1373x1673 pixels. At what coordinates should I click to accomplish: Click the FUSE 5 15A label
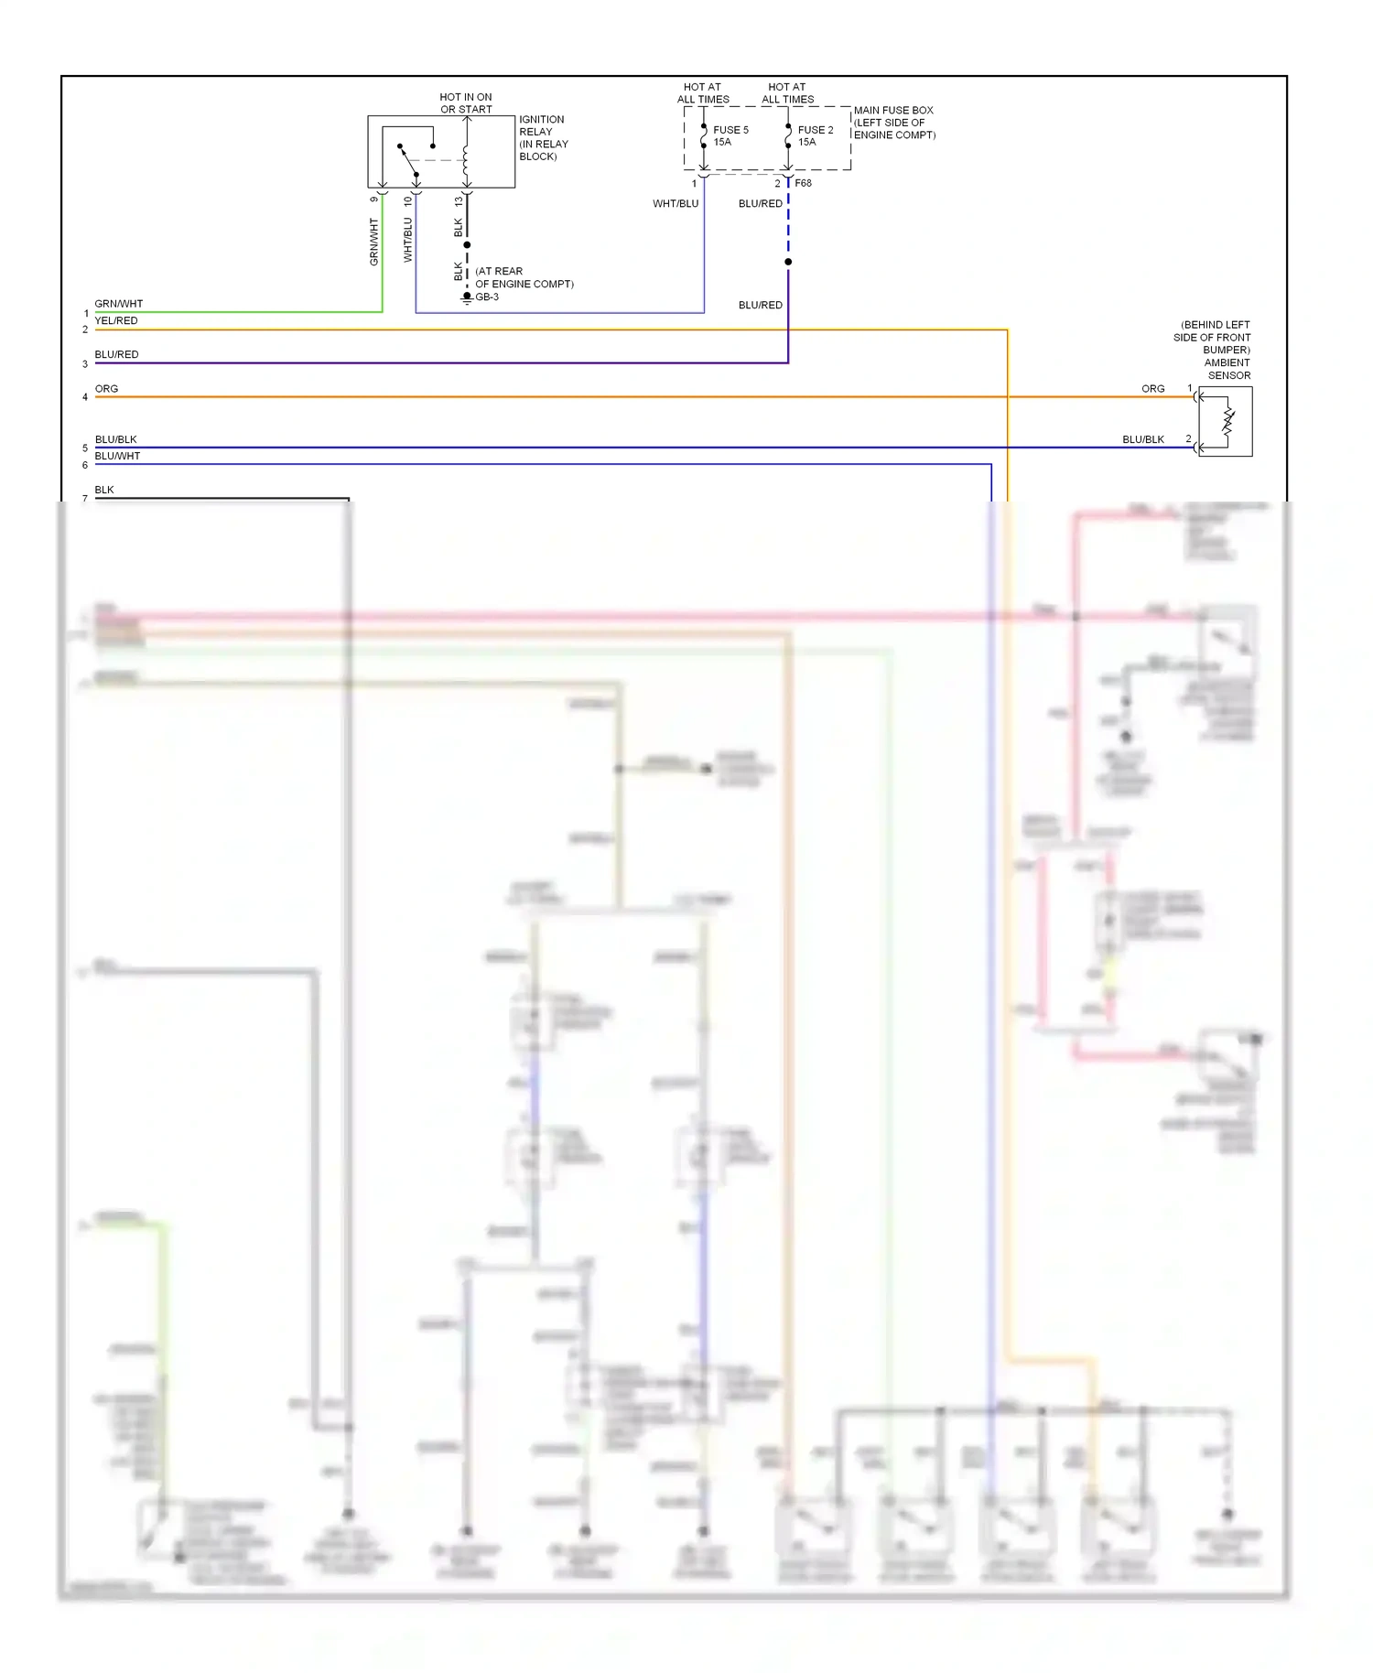[730, 135]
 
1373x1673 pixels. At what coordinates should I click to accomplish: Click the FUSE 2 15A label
[815, 135]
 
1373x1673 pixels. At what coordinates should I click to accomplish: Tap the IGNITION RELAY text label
[542, 137]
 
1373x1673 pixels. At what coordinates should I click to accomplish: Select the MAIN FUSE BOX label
[893, 122]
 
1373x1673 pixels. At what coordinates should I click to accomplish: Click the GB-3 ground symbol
[467, 297]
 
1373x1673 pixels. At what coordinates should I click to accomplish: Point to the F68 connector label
[803, 183]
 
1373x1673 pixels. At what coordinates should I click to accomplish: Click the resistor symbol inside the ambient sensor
[1228, 422]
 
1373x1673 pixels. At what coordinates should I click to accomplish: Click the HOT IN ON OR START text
[465, 103]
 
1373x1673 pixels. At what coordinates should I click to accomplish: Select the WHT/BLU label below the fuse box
[675, 203]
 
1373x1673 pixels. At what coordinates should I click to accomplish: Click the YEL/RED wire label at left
[116, 320]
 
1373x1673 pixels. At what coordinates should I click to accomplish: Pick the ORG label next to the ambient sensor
[1152, 389]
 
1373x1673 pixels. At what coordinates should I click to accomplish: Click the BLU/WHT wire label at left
[117, 456]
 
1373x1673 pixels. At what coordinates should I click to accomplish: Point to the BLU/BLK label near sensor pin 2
[1142, 439]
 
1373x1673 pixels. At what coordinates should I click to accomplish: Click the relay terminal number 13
[459, 200]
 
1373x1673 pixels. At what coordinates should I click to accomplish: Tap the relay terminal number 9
[373, 200]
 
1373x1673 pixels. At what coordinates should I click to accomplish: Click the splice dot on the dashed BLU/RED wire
[788, 262]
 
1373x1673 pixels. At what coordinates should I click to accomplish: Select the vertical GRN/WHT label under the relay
[373, 242]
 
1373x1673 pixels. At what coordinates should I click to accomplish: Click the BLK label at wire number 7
[104, 490]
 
